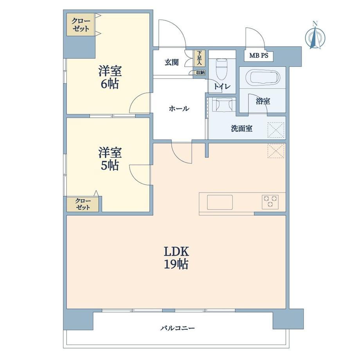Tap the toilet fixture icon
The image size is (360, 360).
pyautogui.click(x=221, y=69)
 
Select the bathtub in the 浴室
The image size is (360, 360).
pyautogui.click(x=263, y=77)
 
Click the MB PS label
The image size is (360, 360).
pyautogui.click(x=259, y=56)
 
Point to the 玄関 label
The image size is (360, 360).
pyautogui.click(x=171, y=62)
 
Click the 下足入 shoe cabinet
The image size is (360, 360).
pyautogui.click(x=199, y=58)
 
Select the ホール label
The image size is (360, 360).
pyautogui.click(x=179, y=108)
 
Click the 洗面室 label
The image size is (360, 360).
pyautogui.click(x=241, y=128)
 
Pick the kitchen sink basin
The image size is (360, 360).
pyautogui.click(x=220, y=202)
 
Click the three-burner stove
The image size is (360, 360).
pyautogui.click(x=270, y=202)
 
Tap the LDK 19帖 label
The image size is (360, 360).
pyautogui.click(x=176, y=258)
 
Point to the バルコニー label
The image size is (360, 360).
pyautogui.click(x=177, y=328)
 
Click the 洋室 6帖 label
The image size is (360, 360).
pyautogui.click(x=110, y=77)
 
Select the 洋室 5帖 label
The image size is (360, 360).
pyautogui.click(x=110, y=159)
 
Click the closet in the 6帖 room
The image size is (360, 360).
pyautogui.click(x=81, y=25)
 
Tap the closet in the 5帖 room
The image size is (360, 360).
pyautogui.click(x=83, y=204)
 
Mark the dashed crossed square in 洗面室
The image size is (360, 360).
pyautogui.click(x=276, y=130)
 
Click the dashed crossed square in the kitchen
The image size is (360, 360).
pyautogui.click(x=276, y=151)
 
